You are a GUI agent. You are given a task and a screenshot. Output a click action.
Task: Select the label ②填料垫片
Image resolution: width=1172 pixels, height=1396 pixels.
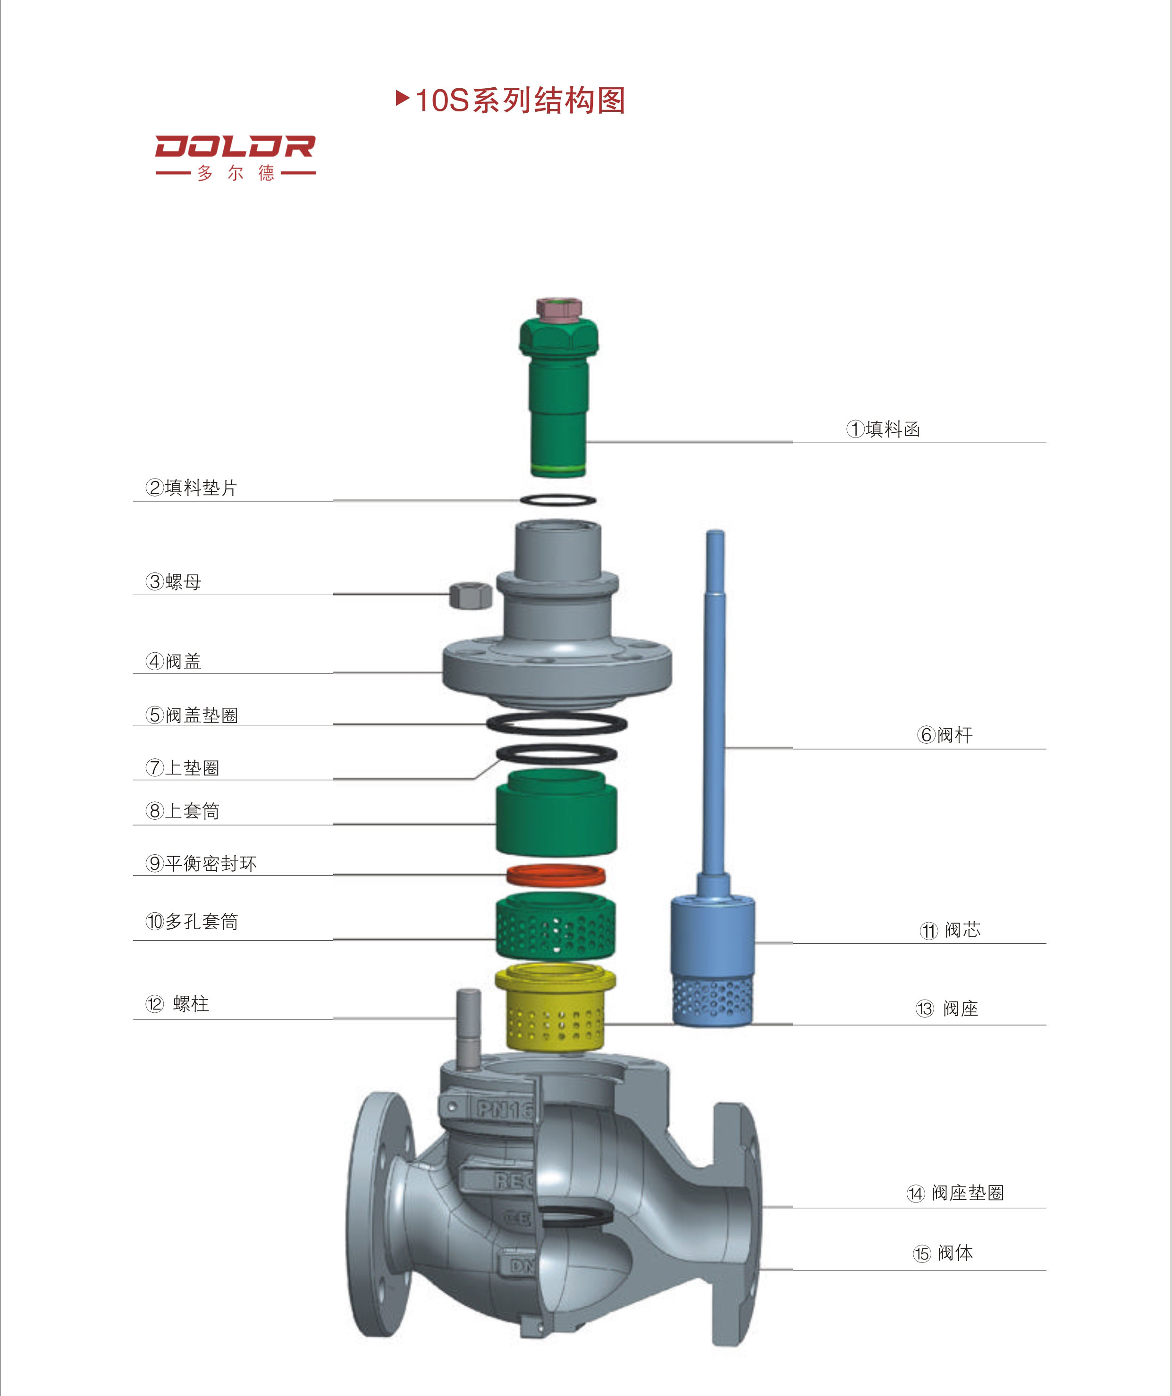pos(192,488)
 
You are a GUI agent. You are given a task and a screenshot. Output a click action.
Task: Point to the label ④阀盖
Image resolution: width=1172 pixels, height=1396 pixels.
pos(174,662)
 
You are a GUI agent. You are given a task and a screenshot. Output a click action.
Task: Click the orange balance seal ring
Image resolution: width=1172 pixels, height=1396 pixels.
pos(556,875)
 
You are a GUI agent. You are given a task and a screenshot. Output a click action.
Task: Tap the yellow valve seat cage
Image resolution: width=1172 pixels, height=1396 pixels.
pos(555,1008)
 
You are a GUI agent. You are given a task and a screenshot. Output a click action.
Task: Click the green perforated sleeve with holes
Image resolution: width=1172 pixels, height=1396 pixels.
pos(555,927)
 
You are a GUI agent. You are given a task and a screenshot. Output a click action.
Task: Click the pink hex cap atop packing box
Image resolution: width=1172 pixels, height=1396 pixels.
pos(559,308)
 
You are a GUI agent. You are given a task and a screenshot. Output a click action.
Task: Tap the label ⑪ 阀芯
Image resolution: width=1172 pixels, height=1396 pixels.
pos(950,930)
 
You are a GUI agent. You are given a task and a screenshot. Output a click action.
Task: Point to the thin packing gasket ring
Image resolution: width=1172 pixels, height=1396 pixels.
pos(558,500)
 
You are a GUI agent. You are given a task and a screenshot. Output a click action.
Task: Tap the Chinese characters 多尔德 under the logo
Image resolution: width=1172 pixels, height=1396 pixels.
pos(236,174)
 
